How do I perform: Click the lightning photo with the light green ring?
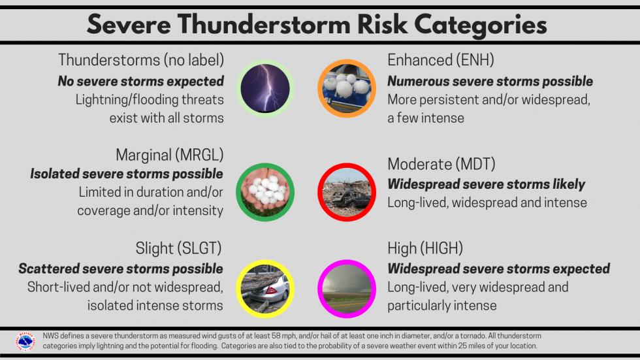click(265, 88)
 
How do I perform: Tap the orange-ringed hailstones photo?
click(346, 88)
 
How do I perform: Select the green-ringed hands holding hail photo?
click(265, 191)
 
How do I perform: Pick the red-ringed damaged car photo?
click(346, 191)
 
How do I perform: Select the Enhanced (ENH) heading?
click(441, 60)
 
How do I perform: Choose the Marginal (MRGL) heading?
click(170, 155)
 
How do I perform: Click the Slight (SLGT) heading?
click(179, 248)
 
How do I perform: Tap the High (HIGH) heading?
click(424, 248)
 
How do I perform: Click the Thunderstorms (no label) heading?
click(141, 60)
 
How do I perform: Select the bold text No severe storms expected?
click(141, 81)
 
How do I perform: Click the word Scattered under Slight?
click(50, 269)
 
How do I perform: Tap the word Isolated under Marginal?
click(56, 174)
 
